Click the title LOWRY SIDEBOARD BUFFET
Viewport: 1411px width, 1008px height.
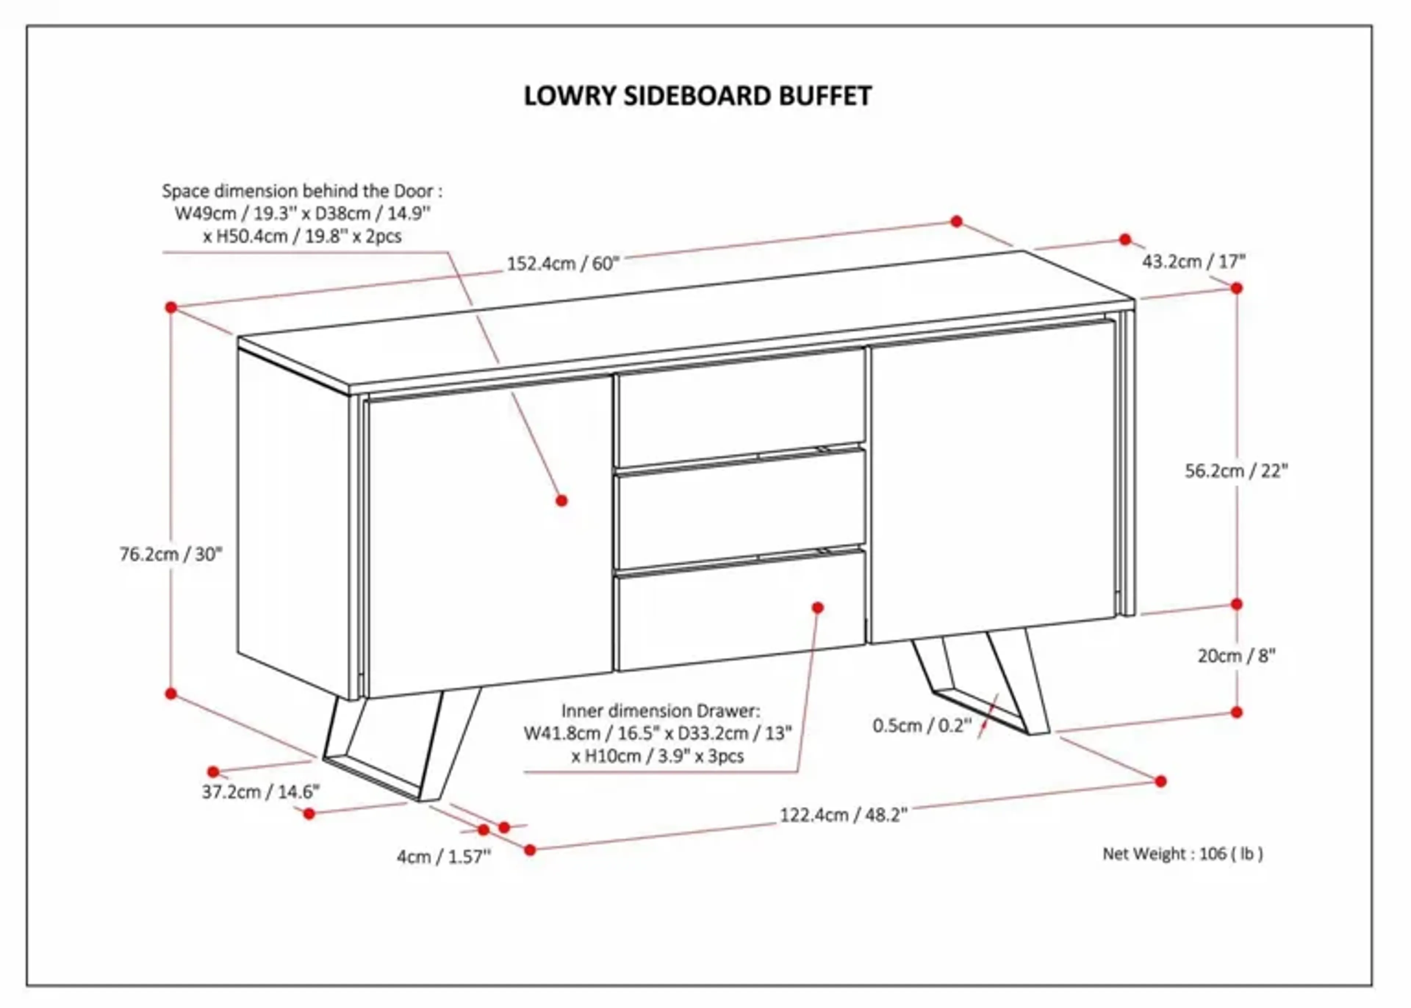coord(698,96)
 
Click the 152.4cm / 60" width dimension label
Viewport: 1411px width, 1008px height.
coord(563,264)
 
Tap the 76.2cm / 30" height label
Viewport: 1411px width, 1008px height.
coord(171,554)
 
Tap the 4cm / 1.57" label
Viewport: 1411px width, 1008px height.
coord(443,857)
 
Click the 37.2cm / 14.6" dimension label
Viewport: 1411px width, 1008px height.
coord(261,792)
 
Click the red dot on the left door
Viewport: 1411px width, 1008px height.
coord(562,500)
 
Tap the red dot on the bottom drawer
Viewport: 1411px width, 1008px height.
coord(818,608)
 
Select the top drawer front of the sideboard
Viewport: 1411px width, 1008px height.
coord(740,407)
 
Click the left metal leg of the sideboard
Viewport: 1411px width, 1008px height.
coord(397,745)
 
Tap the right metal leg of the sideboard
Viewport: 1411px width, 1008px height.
coord(987,683)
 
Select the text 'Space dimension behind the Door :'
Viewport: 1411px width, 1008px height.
coord(302,191)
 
